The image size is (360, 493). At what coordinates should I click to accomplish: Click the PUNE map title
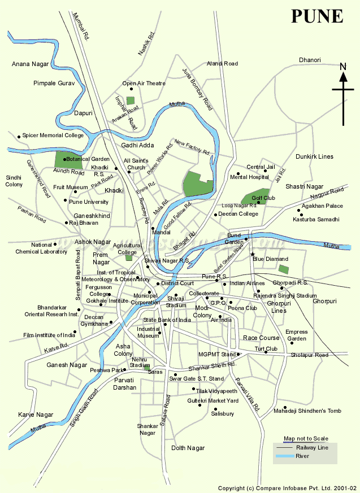point(317,16)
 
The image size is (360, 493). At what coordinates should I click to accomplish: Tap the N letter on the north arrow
point(343,68)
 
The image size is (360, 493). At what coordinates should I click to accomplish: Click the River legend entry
point(302,456)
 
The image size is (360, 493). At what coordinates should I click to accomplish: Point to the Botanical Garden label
point(89,159)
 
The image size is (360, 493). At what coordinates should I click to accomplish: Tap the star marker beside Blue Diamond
point(253,255)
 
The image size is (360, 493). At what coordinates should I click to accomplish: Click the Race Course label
point(261,338)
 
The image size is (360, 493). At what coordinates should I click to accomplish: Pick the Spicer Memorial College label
point(54,136)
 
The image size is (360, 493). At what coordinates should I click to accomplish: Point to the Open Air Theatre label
point(144,84)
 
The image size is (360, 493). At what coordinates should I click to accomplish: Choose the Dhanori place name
point(310,60)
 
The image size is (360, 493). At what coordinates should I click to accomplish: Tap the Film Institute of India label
point(49,335)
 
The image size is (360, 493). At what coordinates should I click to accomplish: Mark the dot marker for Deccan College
point(215,215)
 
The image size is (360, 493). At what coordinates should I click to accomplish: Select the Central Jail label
point(261,167)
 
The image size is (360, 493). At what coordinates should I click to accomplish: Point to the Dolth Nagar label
point(188,448)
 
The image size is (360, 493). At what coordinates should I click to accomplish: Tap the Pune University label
point(88,202)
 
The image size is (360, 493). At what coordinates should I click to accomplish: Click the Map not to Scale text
point(306,439)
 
